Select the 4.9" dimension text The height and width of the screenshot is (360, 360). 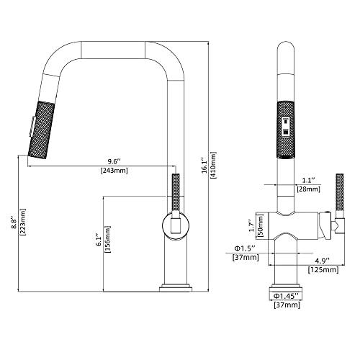[322, 261]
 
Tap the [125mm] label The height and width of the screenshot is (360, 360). [322, 270]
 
